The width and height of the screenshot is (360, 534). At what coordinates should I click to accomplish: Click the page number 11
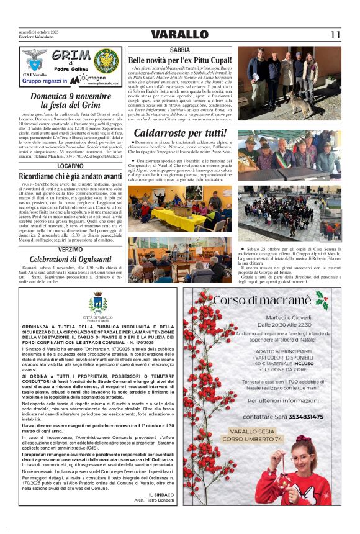click(335, 35)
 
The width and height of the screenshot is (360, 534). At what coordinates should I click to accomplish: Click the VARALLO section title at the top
click(179, 35)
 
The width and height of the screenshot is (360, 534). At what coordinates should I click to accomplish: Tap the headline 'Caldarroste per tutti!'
click(179, 132)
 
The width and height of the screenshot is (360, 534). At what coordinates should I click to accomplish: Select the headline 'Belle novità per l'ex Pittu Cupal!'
click(179, 60)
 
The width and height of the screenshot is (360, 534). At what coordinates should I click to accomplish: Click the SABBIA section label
click(179, 49)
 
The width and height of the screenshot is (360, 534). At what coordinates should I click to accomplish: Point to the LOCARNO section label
click(71, 166)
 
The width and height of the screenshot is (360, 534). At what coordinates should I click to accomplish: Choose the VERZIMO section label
click(71, 249)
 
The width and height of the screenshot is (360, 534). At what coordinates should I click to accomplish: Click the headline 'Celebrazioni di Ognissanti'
click(71, 259)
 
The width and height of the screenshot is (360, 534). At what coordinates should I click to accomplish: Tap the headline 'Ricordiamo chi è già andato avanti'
click(71, 177)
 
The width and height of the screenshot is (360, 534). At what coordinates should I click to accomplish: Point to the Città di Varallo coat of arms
click(97, 304)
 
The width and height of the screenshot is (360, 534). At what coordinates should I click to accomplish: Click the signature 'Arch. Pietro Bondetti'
click(151, 500)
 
